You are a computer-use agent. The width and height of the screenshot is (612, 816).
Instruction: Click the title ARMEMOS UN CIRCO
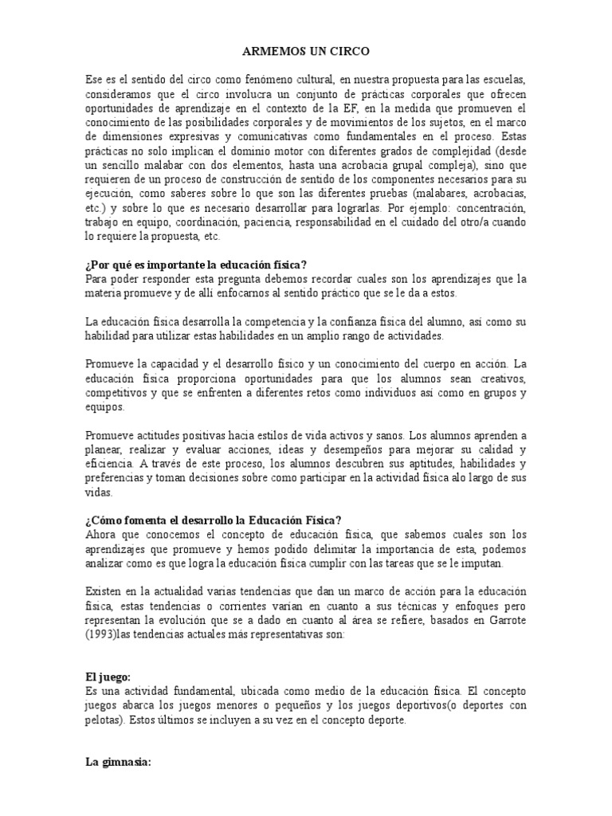306,52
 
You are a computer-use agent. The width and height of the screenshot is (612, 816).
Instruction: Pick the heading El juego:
108,676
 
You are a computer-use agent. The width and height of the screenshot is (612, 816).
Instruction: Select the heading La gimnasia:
117,761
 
